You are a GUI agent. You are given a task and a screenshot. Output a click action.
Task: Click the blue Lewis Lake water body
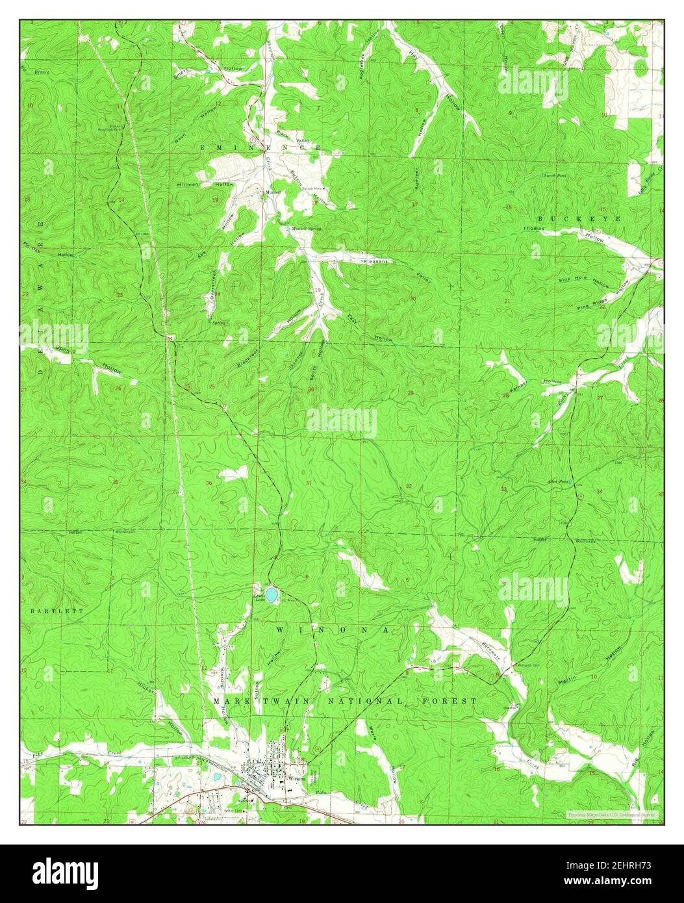pos(271,594)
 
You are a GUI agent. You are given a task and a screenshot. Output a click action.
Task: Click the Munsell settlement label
pos(271,192)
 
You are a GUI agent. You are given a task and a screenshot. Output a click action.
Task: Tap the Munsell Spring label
pos(306,229)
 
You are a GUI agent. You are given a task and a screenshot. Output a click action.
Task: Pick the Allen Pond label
pos(558,481)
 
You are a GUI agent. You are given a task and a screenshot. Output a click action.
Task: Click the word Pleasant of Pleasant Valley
pos(375,261)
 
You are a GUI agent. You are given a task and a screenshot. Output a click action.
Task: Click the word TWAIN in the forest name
pos(274,702)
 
